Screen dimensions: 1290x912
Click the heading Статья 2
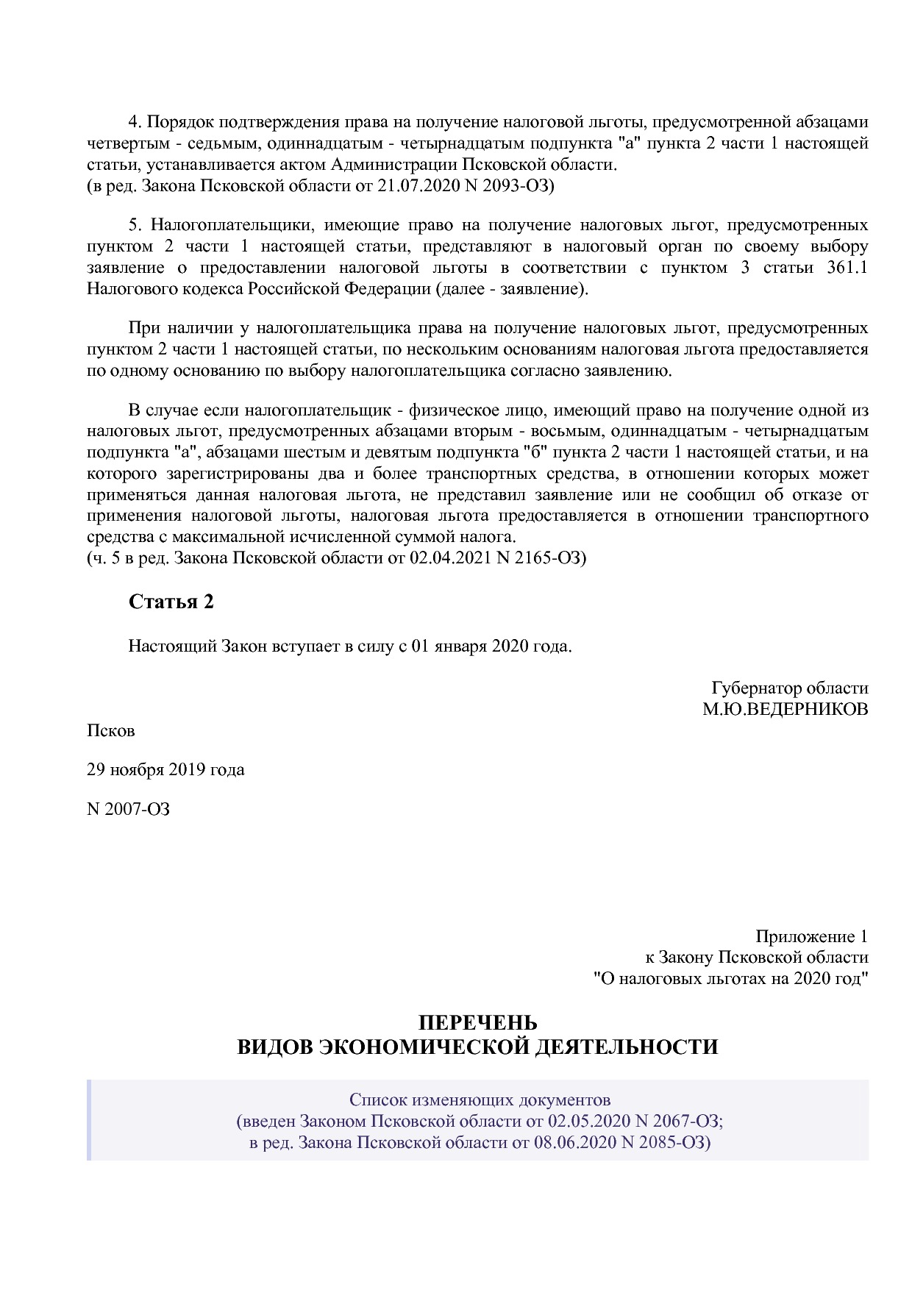(x=171, y=602)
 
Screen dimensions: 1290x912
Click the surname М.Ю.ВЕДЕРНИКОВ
(x=785, y=710)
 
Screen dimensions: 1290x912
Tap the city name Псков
(x=111, y=731)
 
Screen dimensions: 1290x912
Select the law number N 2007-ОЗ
(x=129, y=809)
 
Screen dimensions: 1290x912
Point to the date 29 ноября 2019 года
(x=165, y=770)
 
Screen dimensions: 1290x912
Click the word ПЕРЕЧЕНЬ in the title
(x=477, y=1023)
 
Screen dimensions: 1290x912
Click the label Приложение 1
(x=811, y=937)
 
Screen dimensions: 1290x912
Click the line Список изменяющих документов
(x=480, y=1100)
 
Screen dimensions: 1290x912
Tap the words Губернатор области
(x=789, y=688)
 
